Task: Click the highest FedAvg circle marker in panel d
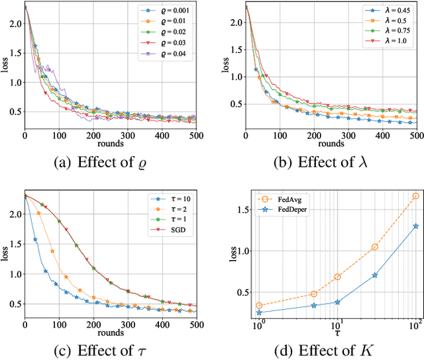416,196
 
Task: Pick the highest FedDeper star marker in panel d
416,226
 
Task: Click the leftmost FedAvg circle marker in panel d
259,306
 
